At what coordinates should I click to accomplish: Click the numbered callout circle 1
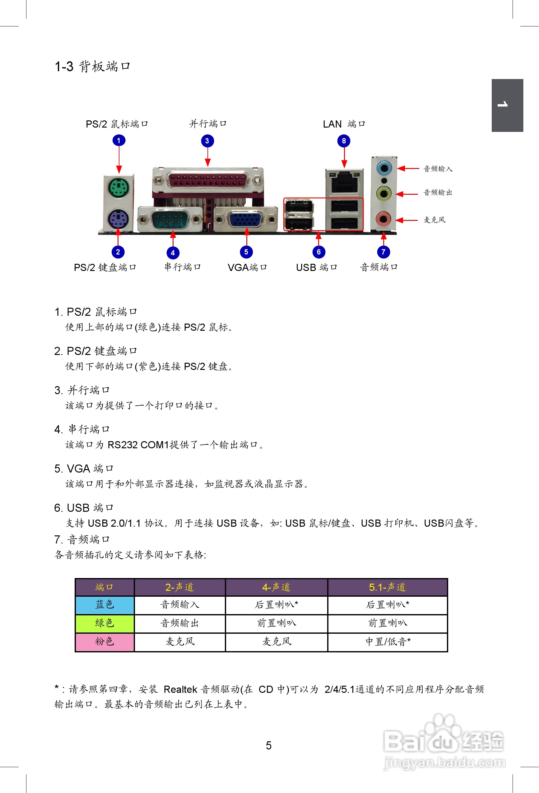[119, 140]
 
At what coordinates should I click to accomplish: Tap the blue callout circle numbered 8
[344, 141]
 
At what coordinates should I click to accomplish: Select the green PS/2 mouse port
[118, 187]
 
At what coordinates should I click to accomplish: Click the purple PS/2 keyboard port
[118, 219]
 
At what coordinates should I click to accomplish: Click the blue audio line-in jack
[384, 168]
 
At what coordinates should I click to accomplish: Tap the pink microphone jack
[383, 219]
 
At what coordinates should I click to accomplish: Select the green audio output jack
[384, 194]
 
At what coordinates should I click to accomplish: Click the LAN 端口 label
[344, 124]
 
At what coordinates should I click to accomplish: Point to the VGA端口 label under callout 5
[247, 267]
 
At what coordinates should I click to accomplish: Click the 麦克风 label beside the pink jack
[434, 220]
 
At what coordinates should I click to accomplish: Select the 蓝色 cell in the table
[105, 605]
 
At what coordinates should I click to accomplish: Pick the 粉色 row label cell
[105, 641]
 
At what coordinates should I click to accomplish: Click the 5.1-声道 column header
[387, 587]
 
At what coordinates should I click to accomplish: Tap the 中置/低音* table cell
[388, 641]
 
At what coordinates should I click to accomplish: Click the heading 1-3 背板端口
[92, 66]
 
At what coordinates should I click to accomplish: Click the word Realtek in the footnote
[180, 689]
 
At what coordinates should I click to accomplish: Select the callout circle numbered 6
[318, 252]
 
